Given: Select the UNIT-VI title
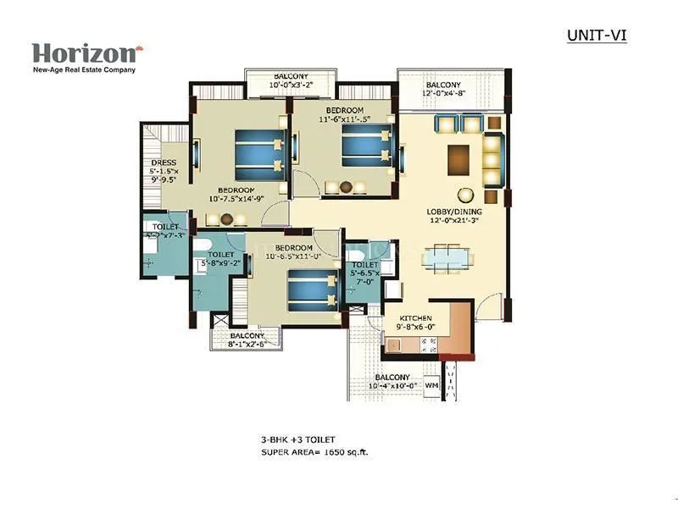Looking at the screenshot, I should [596, 36].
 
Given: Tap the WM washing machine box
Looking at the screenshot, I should [431, 385].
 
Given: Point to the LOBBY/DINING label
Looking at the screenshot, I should [455, 216].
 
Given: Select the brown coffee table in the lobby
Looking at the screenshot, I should [458, 158].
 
